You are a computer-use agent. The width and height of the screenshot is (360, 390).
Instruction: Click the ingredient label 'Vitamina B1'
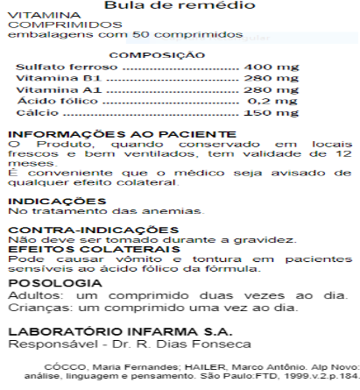[48, 78]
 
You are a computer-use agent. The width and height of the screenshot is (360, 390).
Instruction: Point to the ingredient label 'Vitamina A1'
[48, 89]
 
